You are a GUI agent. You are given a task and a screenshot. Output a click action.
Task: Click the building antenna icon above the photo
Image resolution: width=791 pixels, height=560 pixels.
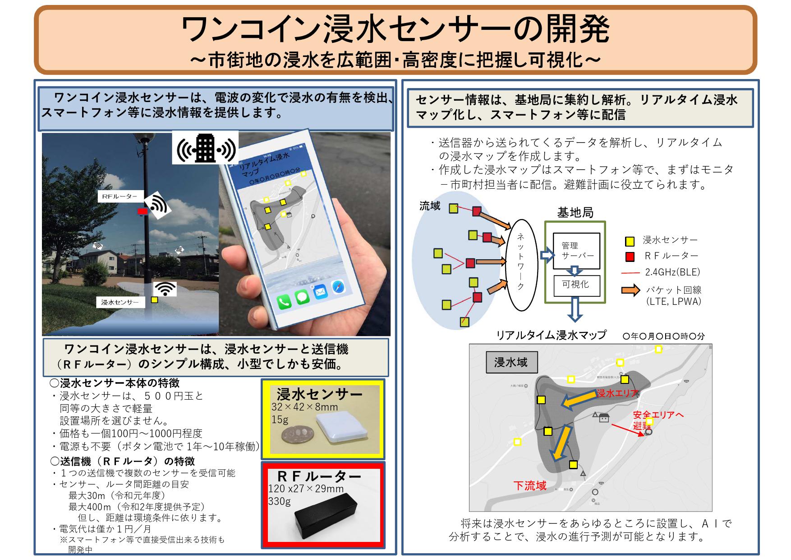(x=206, y=148)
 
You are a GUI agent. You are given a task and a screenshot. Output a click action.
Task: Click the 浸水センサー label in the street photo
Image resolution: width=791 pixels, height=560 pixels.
(x=120, y=302)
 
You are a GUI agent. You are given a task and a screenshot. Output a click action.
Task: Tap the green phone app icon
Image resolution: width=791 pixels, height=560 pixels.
(x=285, y=301)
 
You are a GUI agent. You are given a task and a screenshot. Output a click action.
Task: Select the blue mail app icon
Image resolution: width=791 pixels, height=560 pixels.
(x=320, y=292)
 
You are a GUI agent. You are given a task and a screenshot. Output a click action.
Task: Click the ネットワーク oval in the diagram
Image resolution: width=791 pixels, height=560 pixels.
(x=520, y=265)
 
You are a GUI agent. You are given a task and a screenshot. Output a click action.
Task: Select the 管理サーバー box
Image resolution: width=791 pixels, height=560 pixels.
(x=576, y=251)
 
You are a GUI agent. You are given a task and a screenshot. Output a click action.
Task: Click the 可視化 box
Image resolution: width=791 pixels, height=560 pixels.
(x=576, y=285)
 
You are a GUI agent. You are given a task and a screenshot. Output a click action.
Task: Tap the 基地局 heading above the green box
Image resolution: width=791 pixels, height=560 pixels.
(x=575, y=212)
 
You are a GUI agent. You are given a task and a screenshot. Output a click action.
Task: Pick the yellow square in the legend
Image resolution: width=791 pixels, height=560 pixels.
(x=630, y=241)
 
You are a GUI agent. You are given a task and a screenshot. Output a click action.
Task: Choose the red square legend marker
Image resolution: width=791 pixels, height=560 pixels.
(x=630, y=257)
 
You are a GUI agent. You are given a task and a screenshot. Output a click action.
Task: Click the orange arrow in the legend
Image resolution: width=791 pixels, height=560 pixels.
(x=630, y=290)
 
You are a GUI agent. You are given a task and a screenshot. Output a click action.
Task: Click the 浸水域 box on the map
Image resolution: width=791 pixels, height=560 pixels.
(x=510, y=363)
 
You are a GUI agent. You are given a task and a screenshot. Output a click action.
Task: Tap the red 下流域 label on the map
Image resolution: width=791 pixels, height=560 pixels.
(x=530, y=486)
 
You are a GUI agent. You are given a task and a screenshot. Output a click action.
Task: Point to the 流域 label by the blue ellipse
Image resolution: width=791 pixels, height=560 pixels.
(x=429, y=206)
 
